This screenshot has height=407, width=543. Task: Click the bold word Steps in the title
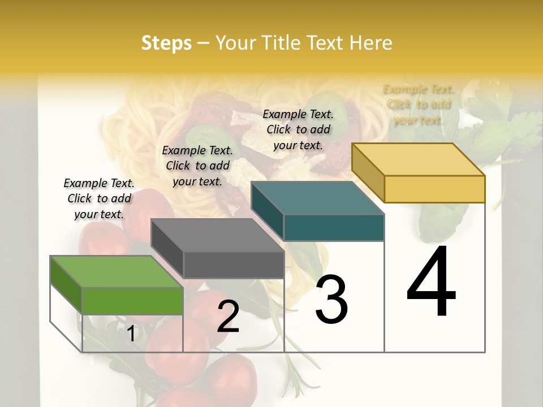tap(166, 43)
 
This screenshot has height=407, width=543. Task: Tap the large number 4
tap(432, 283)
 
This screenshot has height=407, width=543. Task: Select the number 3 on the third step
tap(331, 300)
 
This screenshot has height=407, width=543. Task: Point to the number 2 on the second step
tap(228, 317)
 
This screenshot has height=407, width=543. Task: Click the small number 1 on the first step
tap(131, 334)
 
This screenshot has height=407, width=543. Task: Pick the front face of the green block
tap(132, 301)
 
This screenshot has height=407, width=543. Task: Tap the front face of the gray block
tap(234, 265)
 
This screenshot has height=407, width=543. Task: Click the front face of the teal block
tap(334, 227)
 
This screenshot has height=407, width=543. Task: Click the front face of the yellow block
tap(434, 189)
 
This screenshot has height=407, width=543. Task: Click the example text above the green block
tap(99, 198)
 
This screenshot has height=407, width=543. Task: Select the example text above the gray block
tap(197, 166)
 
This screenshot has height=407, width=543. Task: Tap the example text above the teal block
tap(298, 129)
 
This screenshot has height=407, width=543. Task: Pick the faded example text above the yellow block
tap(418, 105)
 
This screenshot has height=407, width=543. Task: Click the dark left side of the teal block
tap(267, 211)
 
